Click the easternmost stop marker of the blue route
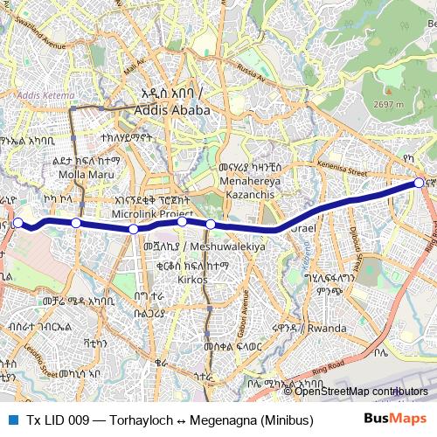click(420, 182)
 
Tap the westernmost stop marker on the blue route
click(17, 223)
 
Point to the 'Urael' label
click(300, 228)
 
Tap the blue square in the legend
click(12, 419)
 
